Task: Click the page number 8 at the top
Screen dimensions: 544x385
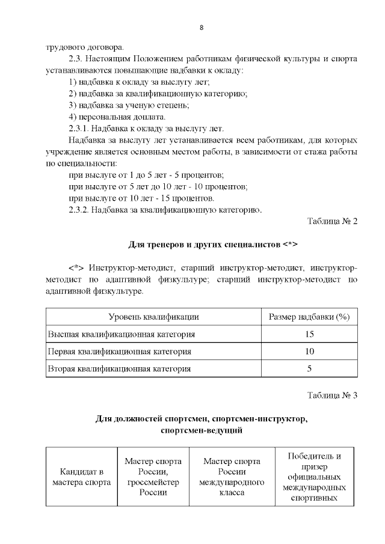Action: pos(201,28)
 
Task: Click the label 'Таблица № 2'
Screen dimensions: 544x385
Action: pos(332,221)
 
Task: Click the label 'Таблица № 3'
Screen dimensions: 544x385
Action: pos(332,395)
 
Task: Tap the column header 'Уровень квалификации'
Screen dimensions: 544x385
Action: pos(153,316)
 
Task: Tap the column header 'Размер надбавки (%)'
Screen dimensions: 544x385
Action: pos(309,316)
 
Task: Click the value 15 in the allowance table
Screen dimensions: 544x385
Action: pos(309,334)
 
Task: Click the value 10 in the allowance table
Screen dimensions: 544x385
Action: pos(309,351)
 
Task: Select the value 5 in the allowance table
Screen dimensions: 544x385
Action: pos(309,368)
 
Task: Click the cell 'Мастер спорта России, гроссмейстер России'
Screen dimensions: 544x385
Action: pos(153,476)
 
